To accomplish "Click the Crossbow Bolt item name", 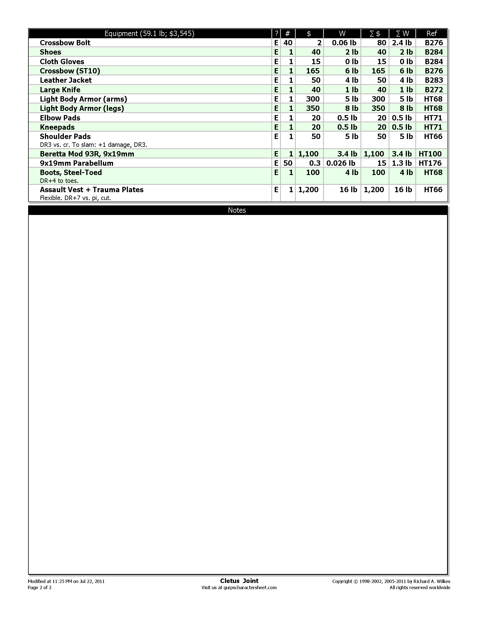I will [65, 43].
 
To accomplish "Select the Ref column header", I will [432, 33].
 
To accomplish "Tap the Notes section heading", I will [237, 210].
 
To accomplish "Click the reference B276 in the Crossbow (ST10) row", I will [434, 71].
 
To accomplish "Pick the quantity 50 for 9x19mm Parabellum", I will [288, 163].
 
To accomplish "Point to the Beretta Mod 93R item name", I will [87, 154].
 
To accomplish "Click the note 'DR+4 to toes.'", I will [59, 181].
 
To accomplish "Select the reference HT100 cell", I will [430, 154].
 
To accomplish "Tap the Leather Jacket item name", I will [66, 80].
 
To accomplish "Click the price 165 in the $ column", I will [313, 71].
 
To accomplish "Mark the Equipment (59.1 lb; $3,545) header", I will [149, 33].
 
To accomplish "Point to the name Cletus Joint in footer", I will [239, 581].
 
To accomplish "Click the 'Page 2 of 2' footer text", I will [40, 587].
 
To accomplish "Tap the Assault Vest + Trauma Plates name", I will [91, 190].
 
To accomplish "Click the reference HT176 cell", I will [430, 163].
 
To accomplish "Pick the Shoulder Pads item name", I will [65, 137].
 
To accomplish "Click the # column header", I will [287, 33].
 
